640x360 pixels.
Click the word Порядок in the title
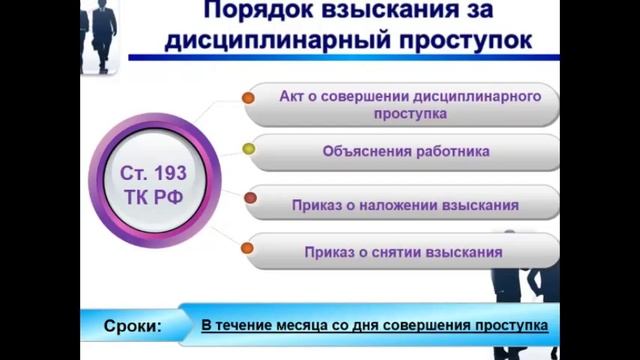tap(248, 12)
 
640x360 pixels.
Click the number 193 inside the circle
tap(167, 171)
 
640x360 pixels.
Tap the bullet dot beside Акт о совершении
tap(248, 99)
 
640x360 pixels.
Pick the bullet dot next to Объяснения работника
tap(249, 150)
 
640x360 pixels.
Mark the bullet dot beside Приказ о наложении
tap(250, 199)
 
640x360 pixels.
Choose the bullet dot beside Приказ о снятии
tap(249, 247)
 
